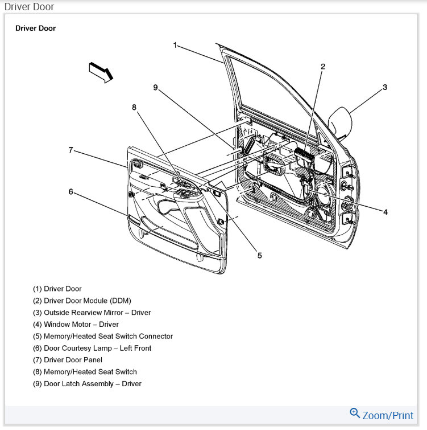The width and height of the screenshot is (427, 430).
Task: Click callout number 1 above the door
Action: coord(176,44)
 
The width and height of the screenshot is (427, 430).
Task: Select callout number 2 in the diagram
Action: coord(322,67)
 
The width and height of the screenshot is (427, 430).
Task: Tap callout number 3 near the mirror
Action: coord(385,87)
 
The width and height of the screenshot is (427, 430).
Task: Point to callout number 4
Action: coord(385,212)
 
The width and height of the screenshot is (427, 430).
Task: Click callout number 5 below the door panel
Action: coord(259,256)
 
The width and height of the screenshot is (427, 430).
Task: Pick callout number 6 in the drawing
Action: coord(71,192)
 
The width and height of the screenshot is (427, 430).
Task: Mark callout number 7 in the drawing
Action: coord(71,150)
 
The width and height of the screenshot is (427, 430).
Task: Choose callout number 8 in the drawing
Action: coord(135,107)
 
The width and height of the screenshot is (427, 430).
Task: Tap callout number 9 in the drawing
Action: coord(155,87)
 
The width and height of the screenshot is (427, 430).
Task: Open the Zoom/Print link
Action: coord(388,415)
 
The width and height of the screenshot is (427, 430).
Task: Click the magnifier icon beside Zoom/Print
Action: coord(355,413)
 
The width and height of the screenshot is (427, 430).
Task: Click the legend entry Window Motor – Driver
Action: coord(76,325)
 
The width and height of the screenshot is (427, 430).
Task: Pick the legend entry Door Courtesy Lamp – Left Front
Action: coord(92,348)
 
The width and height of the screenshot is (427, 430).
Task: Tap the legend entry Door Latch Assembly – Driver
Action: coord(87,384)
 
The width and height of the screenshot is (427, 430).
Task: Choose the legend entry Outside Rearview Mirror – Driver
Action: coord(92,313)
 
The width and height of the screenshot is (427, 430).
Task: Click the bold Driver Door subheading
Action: coord(35,28)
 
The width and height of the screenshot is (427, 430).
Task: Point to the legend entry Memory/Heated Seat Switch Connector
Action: coord(102,336)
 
